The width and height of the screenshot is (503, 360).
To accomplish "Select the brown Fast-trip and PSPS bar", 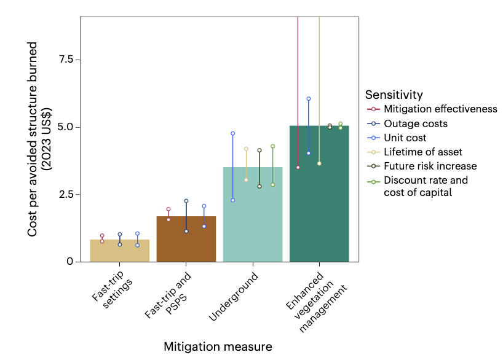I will (186, 239).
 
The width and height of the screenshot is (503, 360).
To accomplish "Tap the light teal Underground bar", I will (253, 214).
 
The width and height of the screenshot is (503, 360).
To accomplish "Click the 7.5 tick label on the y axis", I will (66, 60).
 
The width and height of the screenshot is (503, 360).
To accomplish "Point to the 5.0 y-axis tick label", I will (66, 127).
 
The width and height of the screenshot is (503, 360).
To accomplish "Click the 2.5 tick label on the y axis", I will (66, 194).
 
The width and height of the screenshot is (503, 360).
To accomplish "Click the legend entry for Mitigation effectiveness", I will (440, 109).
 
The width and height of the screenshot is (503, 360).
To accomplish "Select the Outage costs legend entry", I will (416, 123).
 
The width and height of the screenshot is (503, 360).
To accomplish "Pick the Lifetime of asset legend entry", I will (423, 152).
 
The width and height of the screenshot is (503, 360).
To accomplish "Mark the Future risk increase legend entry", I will (430, 166).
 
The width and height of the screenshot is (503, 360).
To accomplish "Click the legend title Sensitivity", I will (394, 95).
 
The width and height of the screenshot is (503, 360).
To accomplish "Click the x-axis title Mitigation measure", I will (218, 347).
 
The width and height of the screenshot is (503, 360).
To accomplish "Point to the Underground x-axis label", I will (234, 297).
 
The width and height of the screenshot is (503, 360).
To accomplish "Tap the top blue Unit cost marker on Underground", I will (233, 133).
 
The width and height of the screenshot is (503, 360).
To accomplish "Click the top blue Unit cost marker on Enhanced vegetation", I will (309, 99).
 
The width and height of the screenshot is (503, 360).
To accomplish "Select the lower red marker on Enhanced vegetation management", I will (298, 167).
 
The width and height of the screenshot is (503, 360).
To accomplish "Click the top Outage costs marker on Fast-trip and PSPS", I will (186, 201).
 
